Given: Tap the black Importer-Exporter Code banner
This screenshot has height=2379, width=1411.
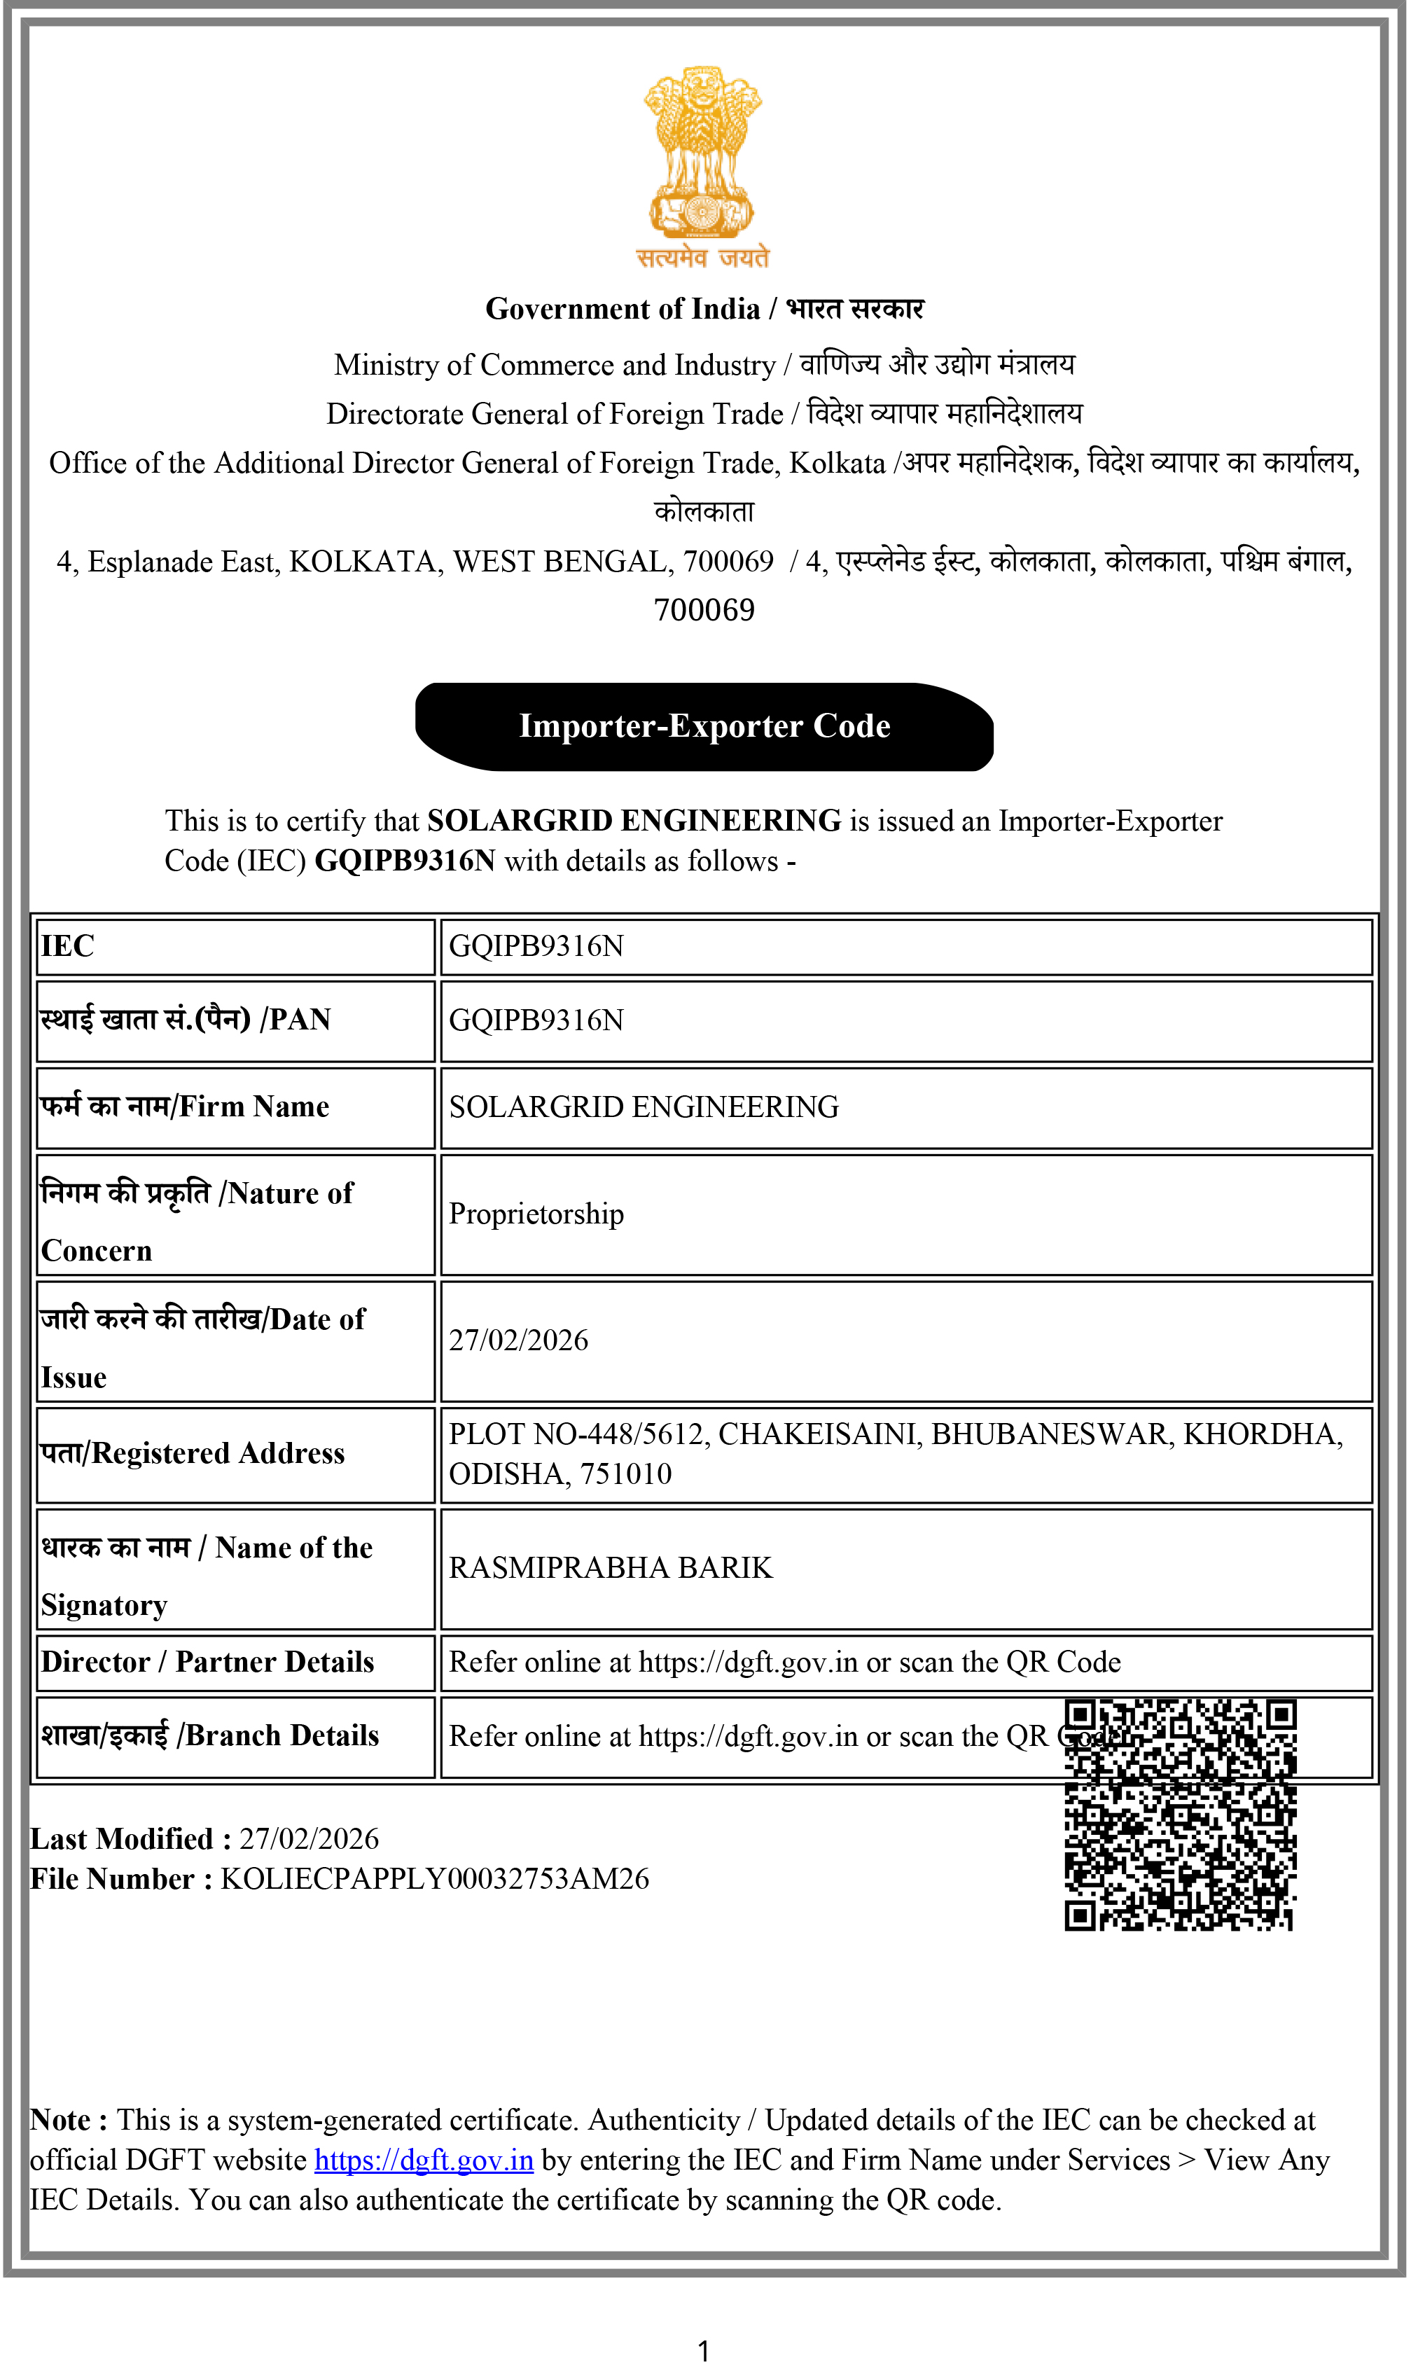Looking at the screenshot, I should [x=704, y=726].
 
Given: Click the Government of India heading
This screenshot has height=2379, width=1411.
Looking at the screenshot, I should [x=704, y=309].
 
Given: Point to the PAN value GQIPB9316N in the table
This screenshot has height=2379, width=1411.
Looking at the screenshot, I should [x=536, y=1020].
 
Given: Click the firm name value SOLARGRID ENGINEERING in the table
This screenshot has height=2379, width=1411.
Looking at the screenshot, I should [x=644, y=1107].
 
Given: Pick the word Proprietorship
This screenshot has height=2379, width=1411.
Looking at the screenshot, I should [x=536, y=1214].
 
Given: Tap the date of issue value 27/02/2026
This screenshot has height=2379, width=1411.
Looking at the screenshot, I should [x=518, y=1340].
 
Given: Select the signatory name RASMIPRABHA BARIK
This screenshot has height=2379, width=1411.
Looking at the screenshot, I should [x=611, y=1568].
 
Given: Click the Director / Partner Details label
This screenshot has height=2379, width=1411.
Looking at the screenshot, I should [x=207, y=1662].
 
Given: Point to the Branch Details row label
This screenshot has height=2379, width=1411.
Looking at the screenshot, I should [x=210, y=1736].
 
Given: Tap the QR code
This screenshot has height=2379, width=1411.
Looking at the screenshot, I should [x=1180, y=1815].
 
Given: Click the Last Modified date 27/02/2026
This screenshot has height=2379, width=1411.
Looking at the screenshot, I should [x=309, y=1839].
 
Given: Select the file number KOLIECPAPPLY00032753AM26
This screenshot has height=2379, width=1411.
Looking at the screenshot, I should [x=435, y=1879].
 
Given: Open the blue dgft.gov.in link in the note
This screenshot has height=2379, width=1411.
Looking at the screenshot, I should [x=424, y=2160].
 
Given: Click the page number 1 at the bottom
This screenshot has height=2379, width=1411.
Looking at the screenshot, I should [x=704, y=2352].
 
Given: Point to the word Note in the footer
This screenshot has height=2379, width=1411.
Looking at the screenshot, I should [x=61, y=2121].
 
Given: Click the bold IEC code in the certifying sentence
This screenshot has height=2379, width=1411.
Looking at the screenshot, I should [x=405, y=861].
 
